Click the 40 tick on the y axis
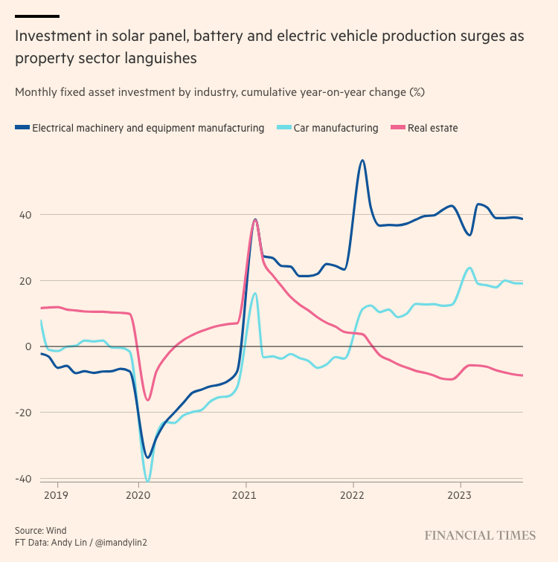point(25,215)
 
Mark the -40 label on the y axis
point(23,479)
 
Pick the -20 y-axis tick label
point(23,413)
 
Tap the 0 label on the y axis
point(28,346)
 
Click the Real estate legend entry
point(432,128)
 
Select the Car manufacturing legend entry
point(336,128)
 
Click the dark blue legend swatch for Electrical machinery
point(22,128)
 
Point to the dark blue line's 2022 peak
point(362,160)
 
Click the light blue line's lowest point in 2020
point(147,482)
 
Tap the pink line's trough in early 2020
point(147,400)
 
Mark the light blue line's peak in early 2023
point(469,268)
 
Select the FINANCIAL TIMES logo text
point(480,535)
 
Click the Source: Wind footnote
point(41,530)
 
